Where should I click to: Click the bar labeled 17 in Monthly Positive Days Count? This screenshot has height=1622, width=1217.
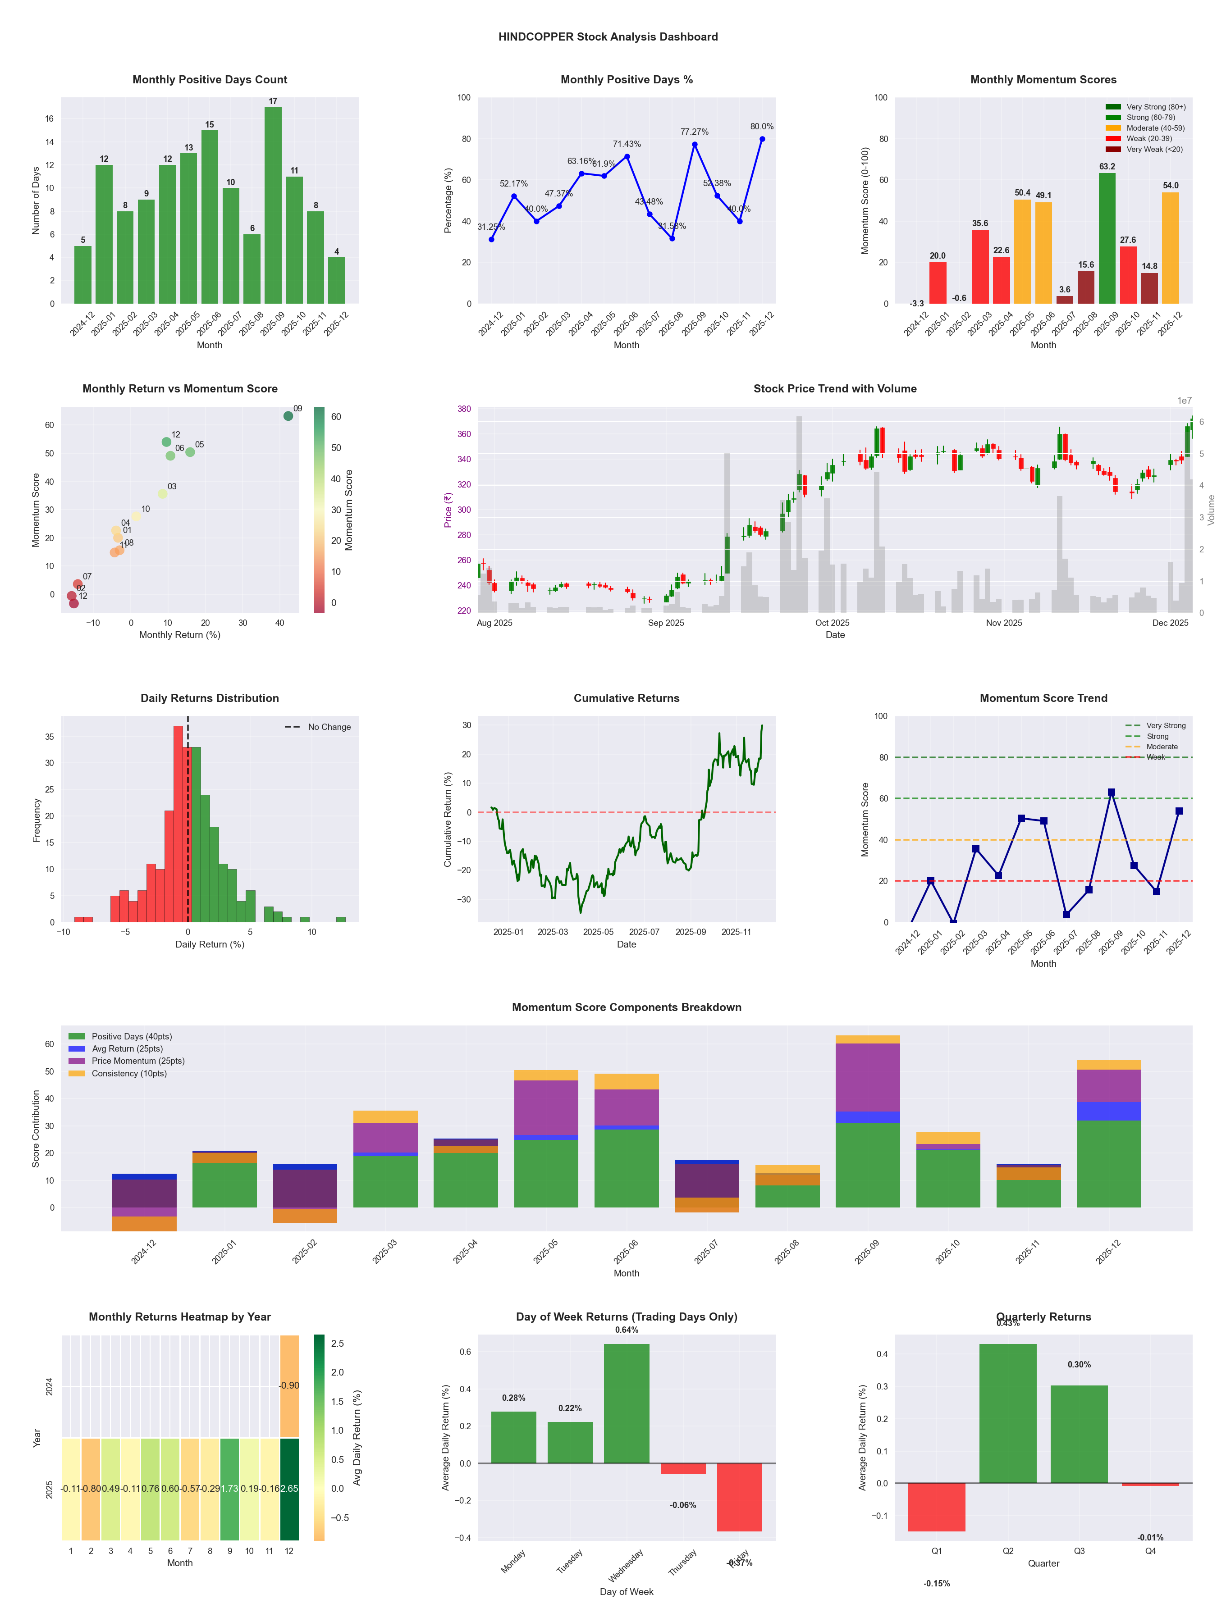pyautogui.click(x=273, y=205)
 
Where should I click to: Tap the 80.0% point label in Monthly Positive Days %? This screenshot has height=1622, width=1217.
pyautogui.click(x=761, y=126)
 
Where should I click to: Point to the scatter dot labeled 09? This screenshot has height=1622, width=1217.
pyautogui.click(x=288, y=416)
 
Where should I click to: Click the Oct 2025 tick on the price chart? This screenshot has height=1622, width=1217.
pyautogui.click(x=832, y=623)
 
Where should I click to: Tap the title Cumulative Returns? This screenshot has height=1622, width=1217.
pyautogui.click(x=627, y=698)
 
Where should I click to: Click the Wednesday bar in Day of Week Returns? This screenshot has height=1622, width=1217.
pyautogui.click(x=627, y=1403)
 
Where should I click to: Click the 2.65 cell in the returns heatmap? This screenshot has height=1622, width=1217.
pyautogui.click(x=289, y=1489)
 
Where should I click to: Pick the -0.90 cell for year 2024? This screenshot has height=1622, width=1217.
pyautogui.click(x=289, y=1385)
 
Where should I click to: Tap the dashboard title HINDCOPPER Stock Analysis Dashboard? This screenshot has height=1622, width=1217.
pyautogui.click(x=608, y=36)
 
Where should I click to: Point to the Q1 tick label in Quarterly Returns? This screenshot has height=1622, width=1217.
pyautogui.click(x=937, y=1551)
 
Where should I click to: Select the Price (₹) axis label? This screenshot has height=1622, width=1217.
pyautogui.click(x=448, y=510)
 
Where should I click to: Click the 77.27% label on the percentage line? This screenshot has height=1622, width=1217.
pyautogui.click(x=694, y=132)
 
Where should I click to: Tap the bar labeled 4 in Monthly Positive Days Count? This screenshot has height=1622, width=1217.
pyautogui.click(x=337, y=280)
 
